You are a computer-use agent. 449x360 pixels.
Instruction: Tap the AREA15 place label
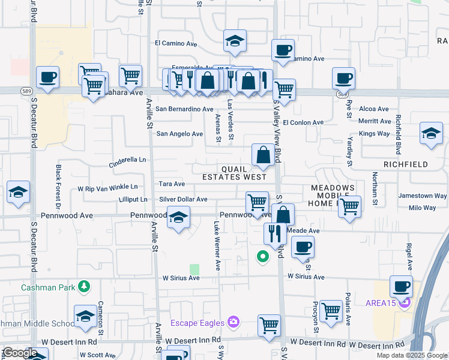pos(381,302)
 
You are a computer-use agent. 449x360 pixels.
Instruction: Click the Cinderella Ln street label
pos(127,161)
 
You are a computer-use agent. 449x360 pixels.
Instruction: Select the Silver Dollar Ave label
pos(183,199)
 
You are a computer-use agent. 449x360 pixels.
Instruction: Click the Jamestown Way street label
pos(423,196)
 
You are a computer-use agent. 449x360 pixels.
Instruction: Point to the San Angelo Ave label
pos(179,134)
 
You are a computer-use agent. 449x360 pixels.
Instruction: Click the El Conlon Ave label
pos(303,122)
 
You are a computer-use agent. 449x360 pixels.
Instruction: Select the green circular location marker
pos(262,257)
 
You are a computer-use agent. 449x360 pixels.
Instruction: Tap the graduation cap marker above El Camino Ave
pos(235,41)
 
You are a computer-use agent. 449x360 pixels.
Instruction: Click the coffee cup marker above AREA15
pos(401,286)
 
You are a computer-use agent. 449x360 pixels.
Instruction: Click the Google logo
pos(20,353)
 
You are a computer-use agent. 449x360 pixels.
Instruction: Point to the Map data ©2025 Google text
pos(412,355)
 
